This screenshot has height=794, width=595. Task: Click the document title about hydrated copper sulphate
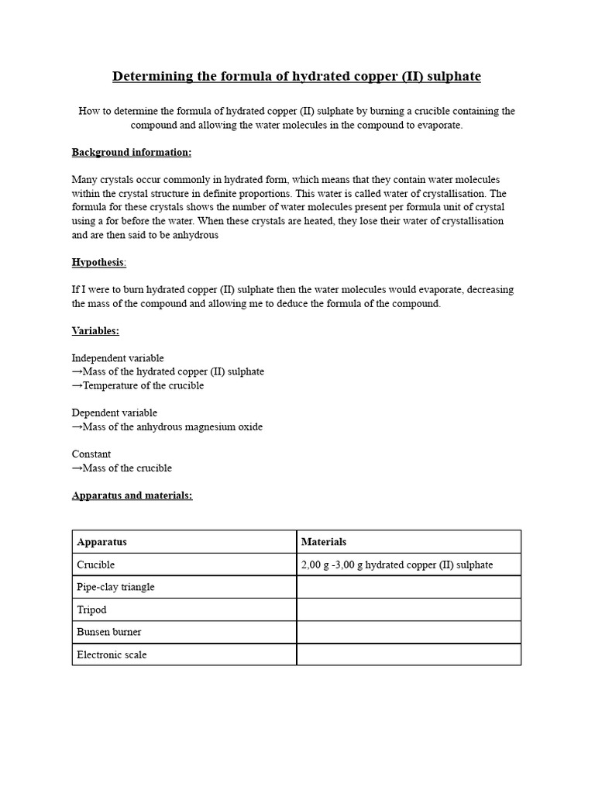tap(297, 76)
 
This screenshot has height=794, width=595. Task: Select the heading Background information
tap(132, 152)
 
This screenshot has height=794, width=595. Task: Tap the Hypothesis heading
tap(98, 262)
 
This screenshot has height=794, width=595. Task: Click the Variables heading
tap(95, 330)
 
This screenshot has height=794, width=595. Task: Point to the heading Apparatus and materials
tap(132, 495)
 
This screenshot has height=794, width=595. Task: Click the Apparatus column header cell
tap(184, 542)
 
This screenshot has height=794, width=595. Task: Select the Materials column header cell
tap(408, 542)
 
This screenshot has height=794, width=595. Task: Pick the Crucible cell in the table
tap(184, 564)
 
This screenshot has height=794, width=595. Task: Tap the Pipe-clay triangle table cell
tap(184, 587)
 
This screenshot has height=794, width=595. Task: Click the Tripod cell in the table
tap(184, 609)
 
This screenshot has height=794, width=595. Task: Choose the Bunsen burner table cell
tap(184, 632)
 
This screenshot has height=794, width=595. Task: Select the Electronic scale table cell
tap(184, 654)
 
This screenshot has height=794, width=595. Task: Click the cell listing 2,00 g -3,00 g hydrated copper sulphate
tap(408, 564)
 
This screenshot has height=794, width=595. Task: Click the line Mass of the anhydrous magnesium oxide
tap(167, 426)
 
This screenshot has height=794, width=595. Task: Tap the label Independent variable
tap(118, 358)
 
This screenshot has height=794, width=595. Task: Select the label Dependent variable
tap(115, 413)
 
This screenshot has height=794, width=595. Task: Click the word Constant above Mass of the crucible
tap(91, 454)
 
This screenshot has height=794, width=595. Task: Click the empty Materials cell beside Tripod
tap(408, 609)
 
